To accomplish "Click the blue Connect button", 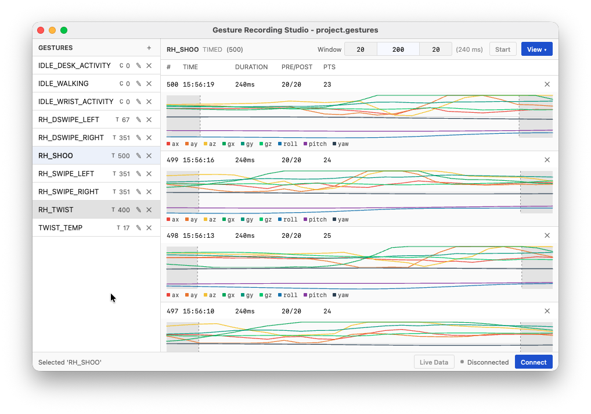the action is point(534,362).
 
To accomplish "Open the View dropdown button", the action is point(537,49).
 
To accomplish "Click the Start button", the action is point(502,49).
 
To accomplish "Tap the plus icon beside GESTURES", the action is point(149,48).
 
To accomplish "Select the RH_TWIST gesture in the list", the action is point(56,210).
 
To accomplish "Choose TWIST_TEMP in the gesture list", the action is point(60,228).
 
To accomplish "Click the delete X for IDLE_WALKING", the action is point(149,84).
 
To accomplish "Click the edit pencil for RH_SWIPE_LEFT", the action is point(138,174).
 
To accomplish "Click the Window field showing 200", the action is point(398,49).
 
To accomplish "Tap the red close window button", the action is point(41,30).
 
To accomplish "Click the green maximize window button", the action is point(64,30).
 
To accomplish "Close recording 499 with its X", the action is point(547,160).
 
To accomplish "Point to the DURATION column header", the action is point(251,67).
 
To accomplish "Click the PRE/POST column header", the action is point(297,67).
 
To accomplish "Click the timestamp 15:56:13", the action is point(198,235).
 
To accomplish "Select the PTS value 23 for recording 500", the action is point(327,84).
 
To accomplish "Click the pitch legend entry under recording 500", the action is point(315,144).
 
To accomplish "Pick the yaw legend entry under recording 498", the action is point(341,295).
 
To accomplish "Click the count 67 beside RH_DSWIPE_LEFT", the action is point(125,120).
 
